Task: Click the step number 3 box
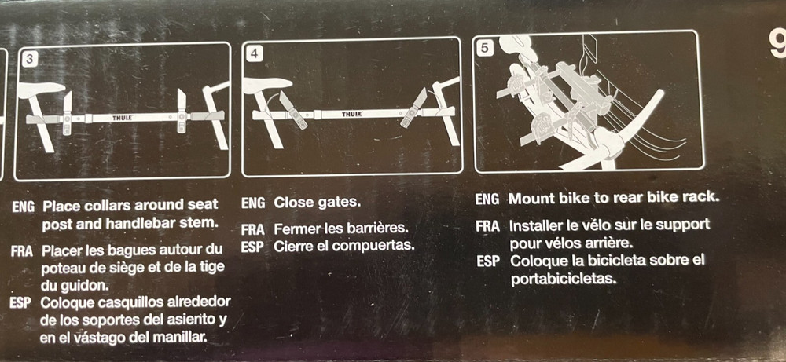pyautogui.click(x=31, y=59)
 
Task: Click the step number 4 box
pyautogui.click(x=254, y=54)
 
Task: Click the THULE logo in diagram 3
pyautogui.click(x=123, y=118)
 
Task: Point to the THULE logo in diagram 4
pyautogui.click(x=352, y=115)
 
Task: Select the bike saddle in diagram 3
pyautogui.click(x=41, y=90)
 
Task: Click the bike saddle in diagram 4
pyautogui.click(x=266, y=85)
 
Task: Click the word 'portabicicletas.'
pyautogui.click(x=562, y=279)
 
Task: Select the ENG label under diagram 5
pyautogui.click(x=487, y=199)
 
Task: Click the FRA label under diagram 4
pyautogui.click(x=253, y=230)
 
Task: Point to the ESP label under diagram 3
pyautogui.click(x=20, y=303)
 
